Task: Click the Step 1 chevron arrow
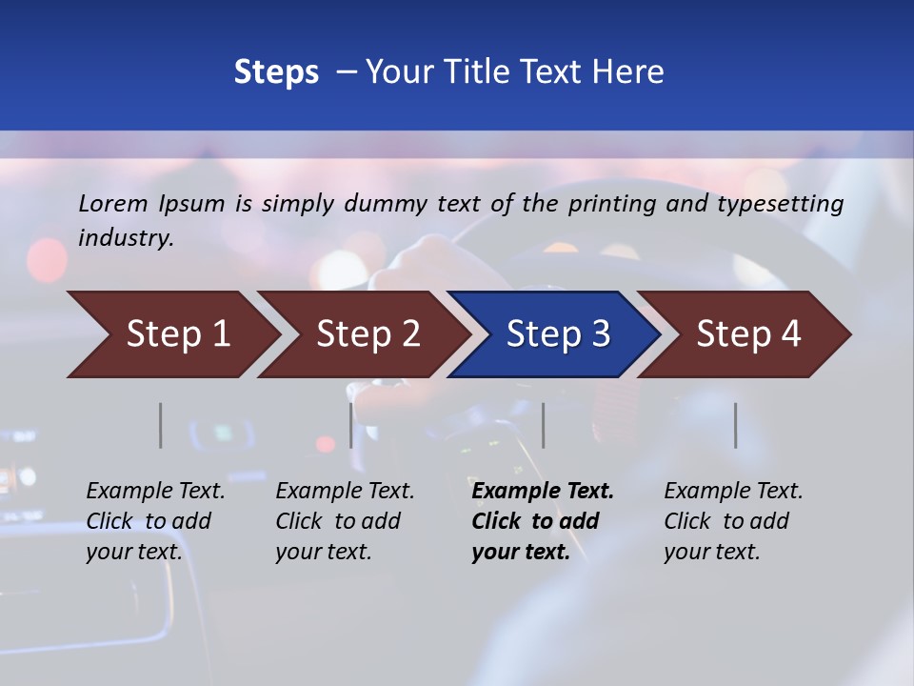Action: coord(178,334)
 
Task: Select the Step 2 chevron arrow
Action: coord(368,334)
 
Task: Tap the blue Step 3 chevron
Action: coord(558,334)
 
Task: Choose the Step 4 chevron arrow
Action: coord(748,334)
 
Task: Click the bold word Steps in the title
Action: coord(276,71)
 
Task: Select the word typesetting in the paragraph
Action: coord(780,203)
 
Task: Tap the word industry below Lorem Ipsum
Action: coord(126,237)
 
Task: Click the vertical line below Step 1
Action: coord(161,425)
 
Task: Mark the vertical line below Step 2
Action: coord(351,425)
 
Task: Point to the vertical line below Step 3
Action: coord(544,425)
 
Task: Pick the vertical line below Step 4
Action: coord(736,425)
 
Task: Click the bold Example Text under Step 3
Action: coord(543,492)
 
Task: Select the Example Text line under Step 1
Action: coord(155,492)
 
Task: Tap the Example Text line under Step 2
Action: coord(345,492)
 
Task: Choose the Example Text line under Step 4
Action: coord(733,492)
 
